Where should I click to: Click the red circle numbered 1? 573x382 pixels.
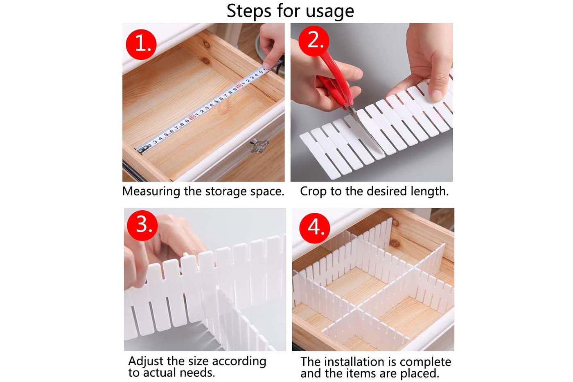pyautogui.click(x=141, y=44)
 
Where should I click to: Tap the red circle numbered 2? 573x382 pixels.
pyautogui.click(x=314, y=41)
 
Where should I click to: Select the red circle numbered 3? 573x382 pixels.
pyautogui.click(x=142, y=225)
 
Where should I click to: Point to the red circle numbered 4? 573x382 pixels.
pyautogui.click(x=315, y=228)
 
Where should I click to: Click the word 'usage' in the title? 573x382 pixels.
pyautogui.click(x=330, y=11)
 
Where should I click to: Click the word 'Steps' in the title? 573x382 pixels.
pyautogui.click(x=249, y=11)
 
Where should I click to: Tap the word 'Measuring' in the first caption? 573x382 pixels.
pyautogui.click(x=151, y=191)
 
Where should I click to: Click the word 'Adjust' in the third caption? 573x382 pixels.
pyautogui.click(x=146, y=361)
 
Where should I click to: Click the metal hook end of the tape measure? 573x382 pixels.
pyautogui.click(x=142, y=149)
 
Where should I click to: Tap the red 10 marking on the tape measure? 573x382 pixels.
pyautogui.click(x=192, y=118)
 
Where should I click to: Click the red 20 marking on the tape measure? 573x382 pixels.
pyautogui.click(x=239, y=86)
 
